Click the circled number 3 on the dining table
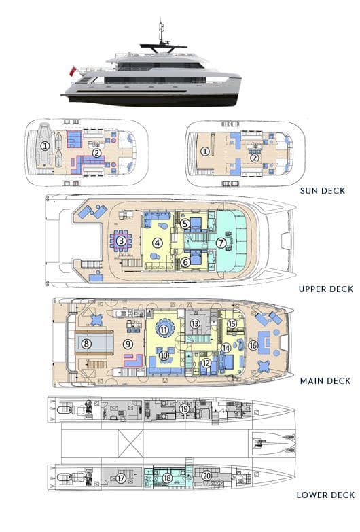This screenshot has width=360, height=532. point(121,241)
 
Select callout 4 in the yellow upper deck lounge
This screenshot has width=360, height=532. point(156,243)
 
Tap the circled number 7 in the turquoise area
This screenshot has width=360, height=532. point(221,243)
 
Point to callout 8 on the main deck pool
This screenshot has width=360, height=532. point(86,344)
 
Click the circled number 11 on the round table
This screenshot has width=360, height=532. point(164,330)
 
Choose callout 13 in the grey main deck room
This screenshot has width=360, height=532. point(194,323)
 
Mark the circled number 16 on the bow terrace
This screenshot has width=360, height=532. point(253,345)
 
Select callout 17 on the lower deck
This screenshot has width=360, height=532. point(121,478)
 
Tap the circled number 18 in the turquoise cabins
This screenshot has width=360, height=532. point(167,478)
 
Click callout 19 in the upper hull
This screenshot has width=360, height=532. point(184,409)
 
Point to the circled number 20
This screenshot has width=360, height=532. point(207,476)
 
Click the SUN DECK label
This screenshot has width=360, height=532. point(323,191)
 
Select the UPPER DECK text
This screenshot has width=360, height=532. point(326,289)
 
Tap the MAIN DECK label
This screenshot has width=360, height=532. point(325,381)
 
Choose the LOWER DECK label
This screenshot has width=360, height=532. point(326,495)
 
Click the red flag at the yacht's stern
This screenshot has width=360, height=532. point(72,71)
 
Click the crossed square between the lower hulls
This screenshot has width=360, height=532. point(130,444)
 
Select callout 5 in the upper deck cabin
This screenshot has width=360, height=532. point(185,224)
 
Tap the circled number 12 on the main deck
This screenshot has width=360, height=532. point(206,363)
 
